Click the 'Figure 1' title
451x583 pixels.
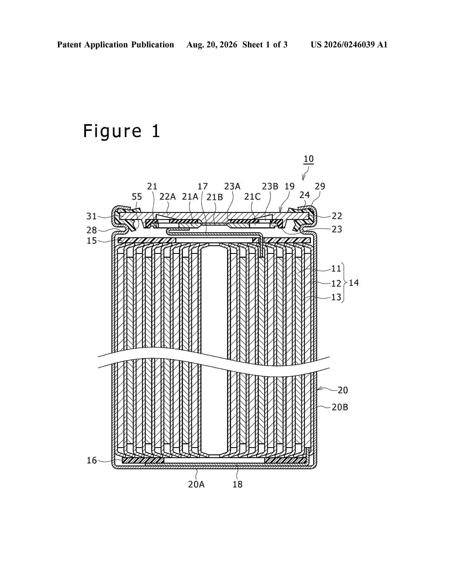(122, 131)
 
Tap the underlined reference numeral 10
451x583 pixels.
(309, 159)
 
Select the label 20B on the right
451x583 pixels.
(340, 407)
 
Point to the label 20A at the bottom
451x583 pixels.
(196, 484)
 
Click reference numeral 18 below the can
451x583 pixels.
(237, 484)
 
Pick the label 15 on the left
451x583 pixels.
(92, 240)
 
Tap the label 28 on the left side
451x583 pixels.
(92, 230)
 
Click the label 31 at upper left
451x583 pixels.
(92, 216)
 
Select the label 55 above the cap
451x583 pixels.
(137, 197)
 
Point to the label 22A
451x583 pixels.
(167, 197)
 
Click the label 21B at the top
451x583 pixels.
(215, 197)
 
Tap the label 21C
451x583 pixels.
(252, 197)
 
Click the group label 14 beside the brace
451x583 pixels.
(354, 283)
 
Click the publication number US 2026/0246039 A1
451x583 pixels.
(349, 45)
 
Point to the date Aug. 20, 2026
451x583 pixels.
(212, 45)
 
